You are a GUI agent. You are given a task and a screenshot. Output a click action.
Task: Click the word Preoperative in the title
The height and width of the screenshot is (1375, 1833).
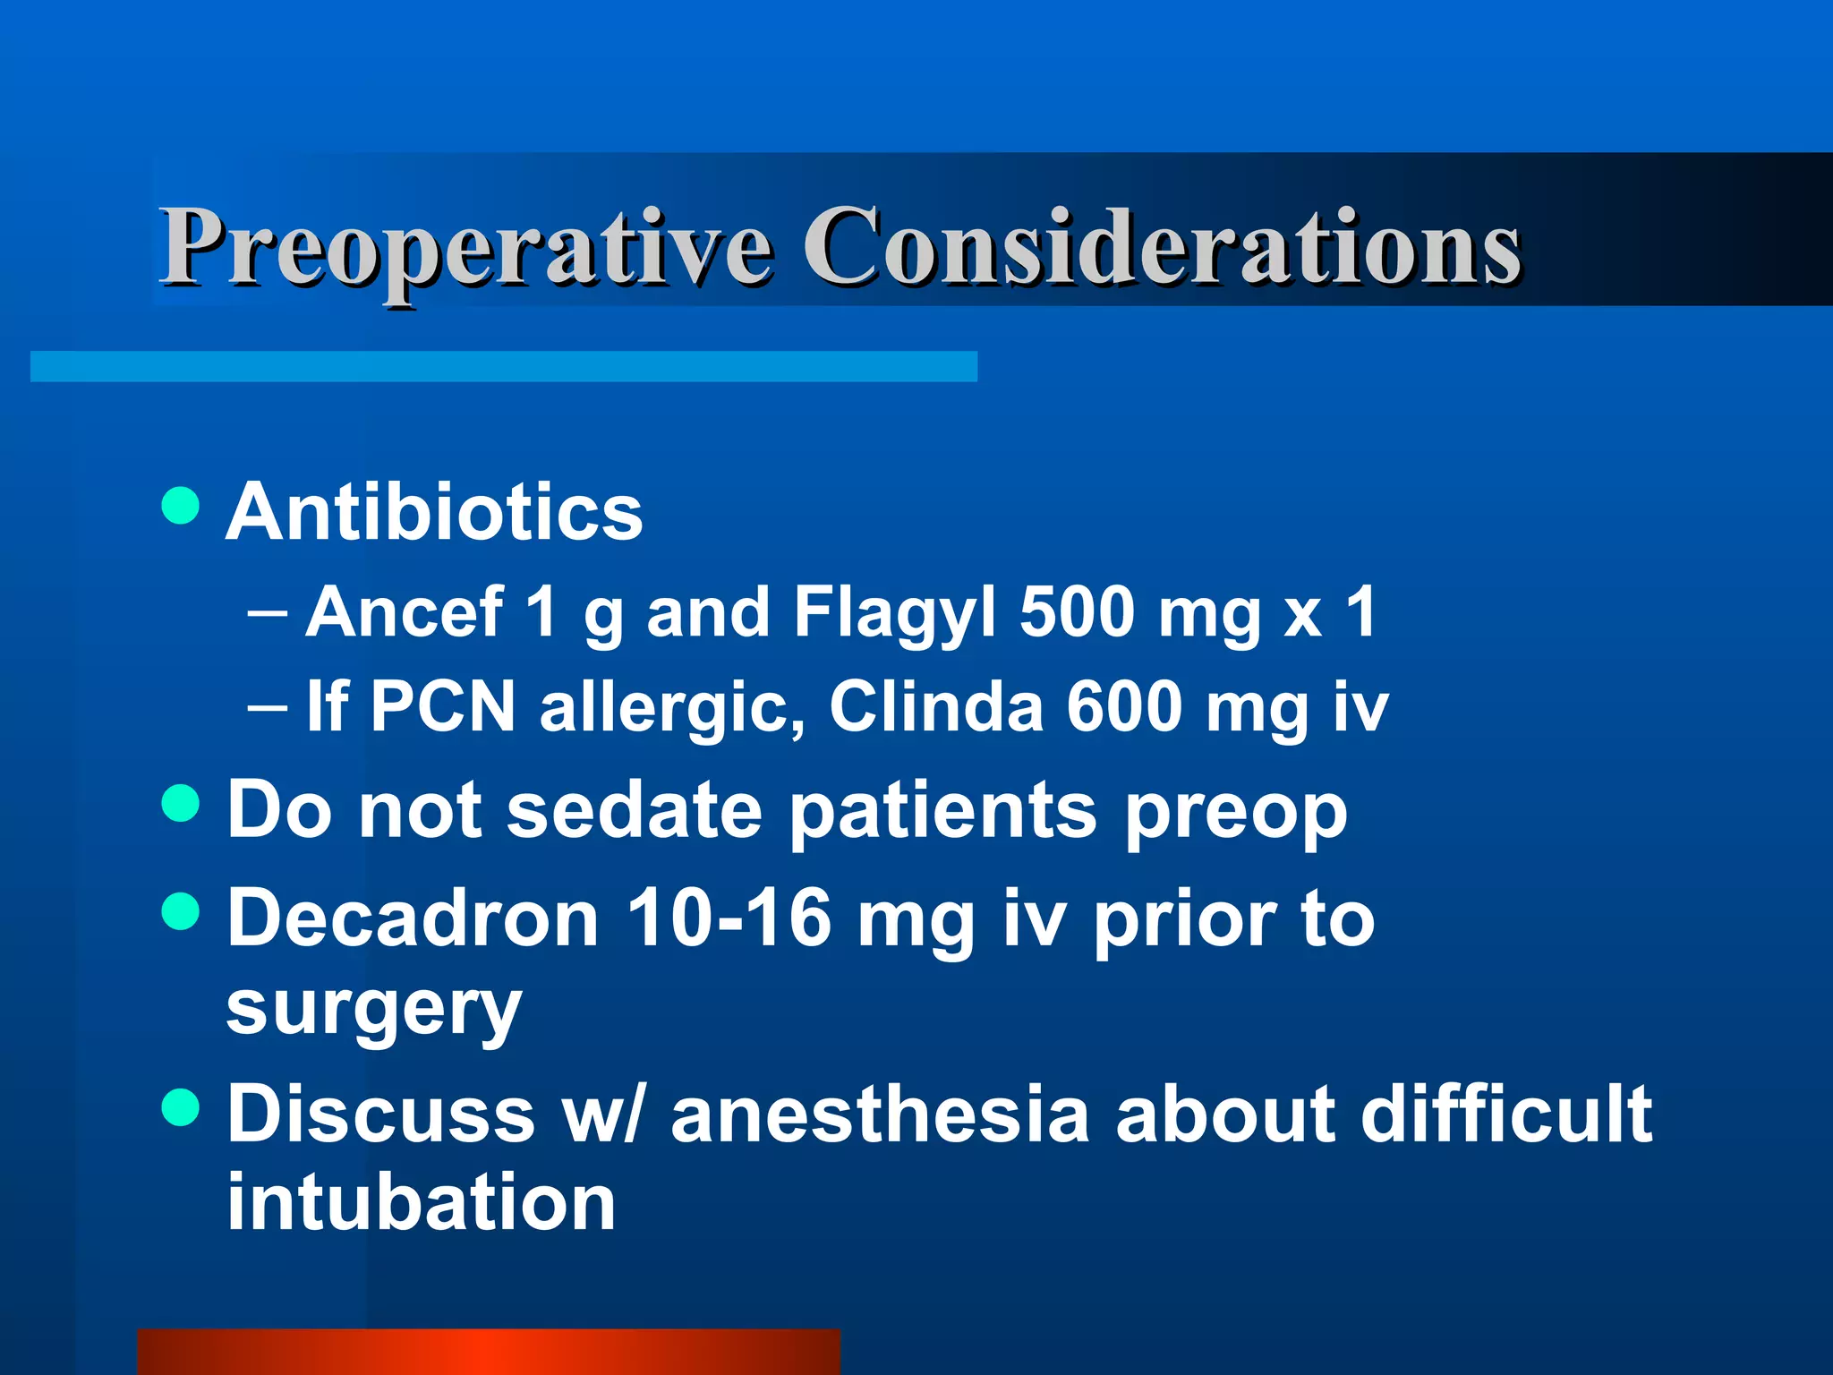click(x=465, y=246)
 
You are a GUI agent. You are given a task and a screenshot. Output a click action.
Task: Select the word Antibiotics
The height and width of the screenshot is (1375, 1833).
click(x=434, y=512)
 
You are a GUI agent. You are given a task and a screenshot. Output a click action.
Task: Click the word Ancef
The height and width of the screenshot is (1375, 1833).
click(x=405, y=612)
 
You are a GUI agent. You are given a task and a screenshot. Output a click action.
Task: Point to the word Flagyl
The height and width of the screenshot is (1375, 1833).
click(x=894, y=614)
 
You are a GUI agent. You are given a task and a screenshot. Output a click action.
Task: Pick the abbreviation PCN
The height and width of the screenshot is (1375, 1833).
click(x=443, y=707)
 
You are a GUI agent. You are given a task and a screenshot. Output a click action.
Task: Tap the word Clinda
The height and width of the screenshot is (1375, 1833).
click(x=936, y=707)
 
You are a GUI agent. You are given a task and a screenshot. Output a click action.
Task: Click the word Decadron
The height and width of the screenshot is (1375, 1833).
click(x=413, y=919)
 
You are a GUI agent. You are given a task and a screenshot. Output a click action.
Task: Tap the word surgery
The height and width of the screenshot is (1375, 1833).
click(x=373, y=1012)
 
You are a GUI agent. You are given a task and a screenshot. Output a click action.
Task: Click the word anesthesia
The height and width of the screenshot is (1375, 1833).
click(x=881, y=1115)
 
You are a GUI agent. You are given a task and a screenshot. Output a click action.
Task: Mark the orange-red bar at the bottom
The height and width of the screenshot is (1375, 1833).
click(x=489, y=1352)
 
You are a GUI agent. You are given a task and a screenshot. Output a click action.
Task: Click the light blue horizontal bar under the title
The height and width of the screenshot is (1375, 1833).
click(x=503, y=367)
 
